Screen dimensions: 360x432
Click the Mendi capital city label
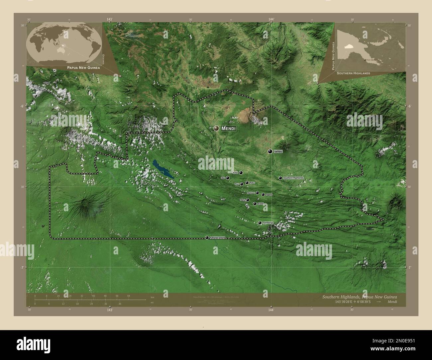228,128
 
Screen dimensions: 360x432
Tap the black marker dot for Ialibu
270,151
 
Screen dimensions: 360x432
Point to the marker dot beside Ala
228,178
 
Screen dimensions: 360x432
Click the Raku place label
252,183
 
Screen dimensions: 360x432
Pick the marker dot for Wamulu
257,193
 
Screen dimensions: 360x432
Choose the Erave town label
261,204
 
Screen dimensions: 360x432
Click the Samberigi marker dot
260,223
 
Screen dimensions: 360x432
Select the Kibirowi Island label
217,238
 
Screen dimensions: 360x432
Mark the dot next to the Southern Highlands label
280,178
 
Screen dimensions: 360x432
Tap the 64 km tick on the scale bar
128,296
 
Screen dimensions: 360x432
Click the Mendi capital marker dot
216,128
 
